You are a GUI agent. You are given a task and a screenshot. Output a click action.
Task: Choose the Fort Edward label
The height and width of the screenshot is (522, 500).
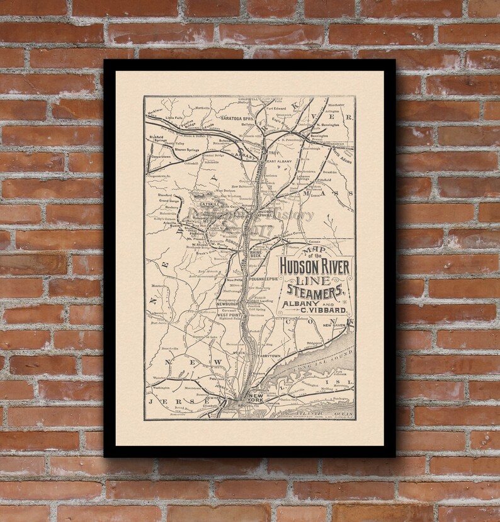pos(278,108)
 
